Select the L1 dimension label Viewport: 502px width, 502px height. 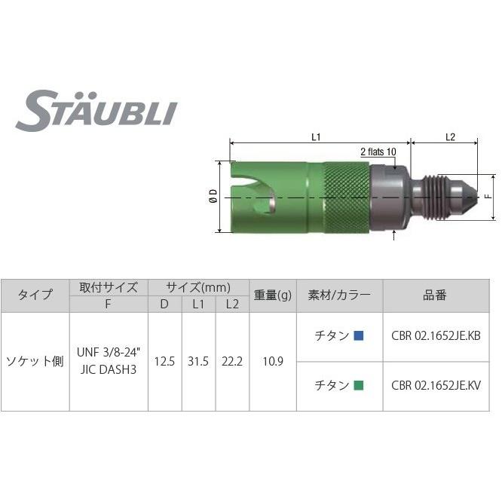(x=317, y=137)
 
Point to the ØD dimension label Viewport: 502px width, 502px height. (x=213, y=197)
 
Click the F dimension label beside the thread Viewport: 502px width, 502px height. (x=488, y=197)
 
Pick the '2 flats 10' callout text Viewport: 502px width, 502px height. (x=378, y=151)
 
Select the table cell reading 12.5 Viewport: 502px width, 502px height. (x=164, y=361)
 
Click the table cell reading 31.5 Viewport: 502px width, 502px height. (x=198, y=361)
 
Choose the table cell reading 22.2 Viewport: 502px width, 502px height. (x=232, y=361)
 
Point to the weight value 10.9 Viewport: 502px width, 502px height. (x=272, y=361)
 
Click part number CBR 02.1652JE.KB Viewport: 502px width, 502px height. (x=436, y=337)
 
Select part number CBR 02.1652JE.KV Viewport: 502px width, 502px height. (x=436, y=386)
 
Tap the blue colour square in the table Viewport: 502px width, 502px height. (x=359, y=337)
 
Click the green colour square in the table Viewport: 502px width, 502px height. (x=359, y=386)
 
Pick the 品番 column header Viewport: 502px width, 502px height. (x=436, y=295)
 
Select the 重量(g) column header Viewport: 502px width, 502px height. (x=272, y=295)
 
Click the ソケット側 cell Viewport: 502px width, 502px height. (x=35, y=361)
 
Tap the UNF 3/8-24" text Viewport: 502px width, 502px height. (x=108, y=352)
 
